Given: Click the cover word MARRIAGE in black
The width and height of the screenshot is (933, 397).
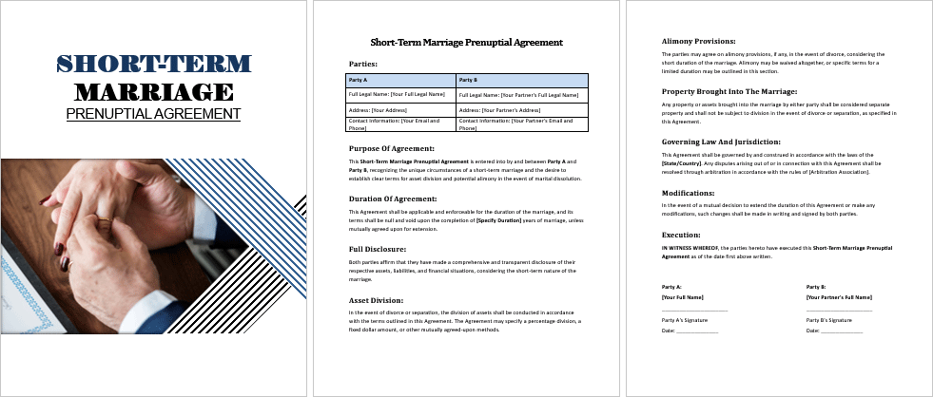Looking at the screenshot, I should (x=153, y=91).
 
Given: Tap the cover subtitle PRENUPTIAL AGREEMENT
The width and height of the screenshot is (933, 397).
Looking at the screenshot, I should (x=153, y=113).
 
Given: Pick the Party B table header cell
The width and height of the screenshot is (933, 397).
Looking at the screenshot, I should (x=522, y=80).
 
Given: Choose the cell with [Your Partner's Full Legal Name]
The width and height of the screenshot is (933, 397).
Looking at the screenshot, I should (x=522, y=94).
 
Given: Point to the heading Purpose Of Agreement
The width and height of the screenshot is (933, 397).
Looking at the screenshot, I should (x=392, y=148).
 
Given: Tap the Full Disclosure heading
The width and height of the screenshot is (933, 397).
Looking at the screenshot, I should (x=378, y=248).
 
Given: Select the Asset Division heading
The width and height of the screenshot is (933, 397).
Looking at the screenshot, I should (x=375, y=299).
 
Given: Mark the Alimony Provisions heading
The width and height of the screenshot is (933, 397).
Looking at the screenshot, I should (x=698, y=41).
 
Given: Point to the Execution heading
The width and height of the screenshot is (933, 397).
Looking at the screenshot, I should (x=681, y=234).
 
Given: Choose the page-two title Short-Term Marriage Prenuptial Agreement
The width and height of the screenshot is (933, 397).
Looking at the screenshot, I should (x=466, y=42).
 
